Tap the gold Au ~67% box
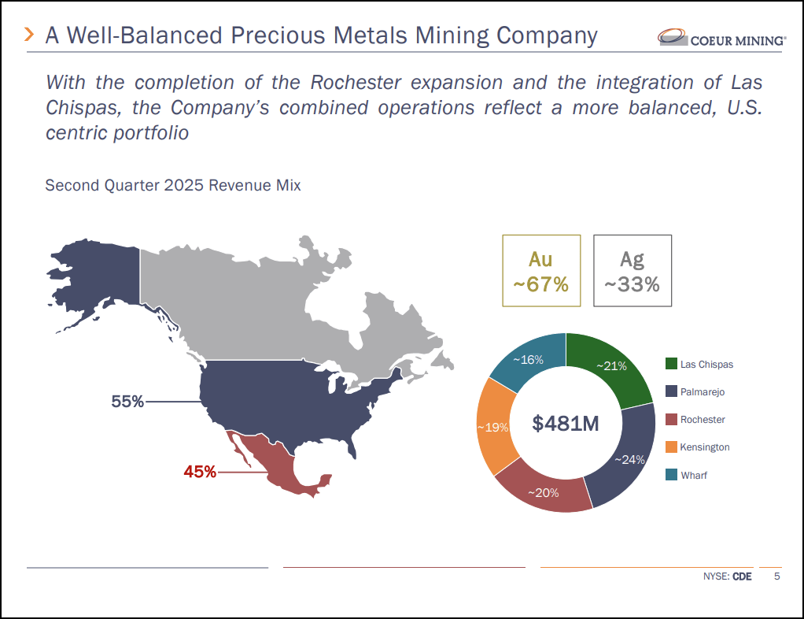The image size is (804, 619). click(541, 270)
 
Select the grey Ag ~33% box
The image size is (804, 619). click(632, 270)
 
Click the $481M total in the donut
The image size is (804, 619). click(566, 424)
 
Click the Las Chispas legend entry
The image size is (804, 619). click(706, 364)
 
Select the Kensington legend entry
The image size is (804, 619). click(704, 447)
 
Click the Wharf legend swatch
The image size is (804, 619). click(671, 475)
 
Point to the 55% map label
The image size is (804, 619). click(127, 402)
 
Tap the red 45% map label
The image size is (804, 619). click(200, 472)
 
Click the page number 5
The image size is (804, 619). click(777, 576)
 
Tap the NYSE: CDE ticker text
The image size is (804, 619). click(727, 576)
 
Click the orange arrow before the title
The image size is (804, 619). click(29, 34)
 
